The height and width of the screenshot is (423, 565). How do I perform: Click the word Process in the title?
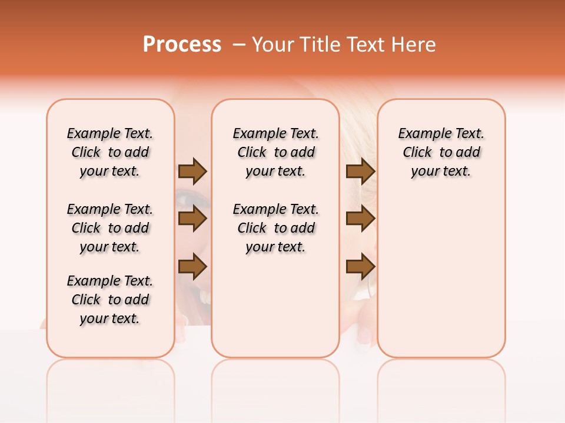181,45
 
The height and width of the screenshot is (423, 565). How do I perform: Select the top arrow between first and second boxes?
192,171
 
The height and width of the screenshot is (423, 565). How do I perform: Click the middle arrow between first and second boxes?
192,219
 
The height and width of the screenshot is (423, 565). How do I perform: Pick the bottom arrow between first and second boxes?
192,267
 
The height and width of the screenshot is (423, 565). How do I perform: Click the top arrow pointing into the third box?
360,171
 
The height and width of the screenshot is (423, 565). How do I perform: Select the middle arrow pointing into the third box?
360,219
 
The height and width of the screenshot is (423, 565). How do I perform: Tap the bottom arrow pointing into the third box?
360,267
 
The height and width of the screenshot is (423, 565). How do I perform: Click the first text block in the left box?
110,152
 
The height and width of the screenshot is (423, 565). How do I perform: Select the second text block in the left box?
110,228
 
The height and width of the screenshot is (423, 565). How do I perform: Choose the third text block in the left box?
110,300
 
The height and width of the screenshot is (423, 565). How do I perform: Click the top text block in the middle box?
275,152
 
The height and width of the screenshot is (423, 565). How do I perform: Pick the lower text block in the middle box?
275,228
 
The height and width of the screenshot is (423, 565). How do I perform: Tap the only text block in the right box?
441,152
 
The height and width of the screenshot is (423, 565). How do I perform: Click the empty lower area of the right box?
441,276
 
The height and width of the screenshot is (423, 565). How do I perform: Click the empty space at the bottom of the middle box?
275,311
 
